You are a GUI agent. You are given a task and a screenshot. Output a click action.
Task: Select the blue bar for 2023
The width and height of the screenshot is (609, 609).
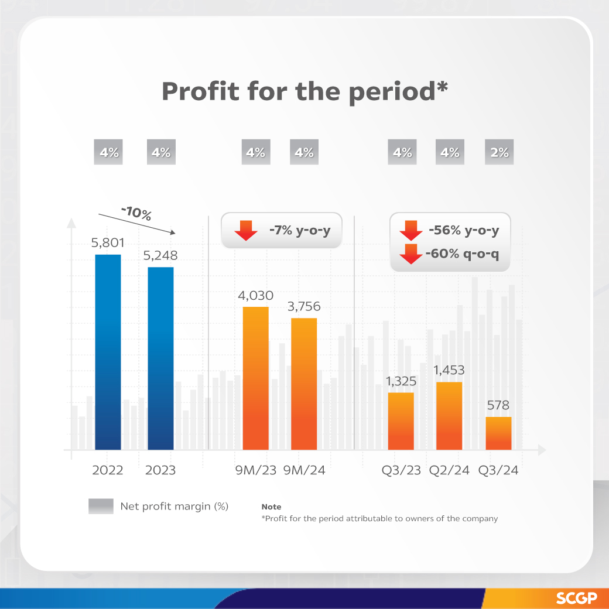(x=161, y=358)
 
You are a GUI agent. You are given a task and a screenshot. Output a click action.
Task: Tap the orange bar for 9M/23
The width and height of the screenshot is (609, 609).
(x=256, y=378)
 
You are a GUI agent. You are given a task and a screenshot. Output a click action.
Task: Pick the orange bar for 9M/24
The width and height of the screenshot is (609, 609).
(x=304, y=384)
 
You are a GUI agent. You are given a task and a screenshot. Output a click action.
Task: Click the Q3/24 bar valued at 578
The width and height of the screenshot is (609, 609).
(x=498, y=433)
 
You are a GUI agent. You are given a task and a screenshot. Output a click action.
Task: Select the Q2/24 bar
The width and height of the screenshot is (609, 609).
(x=449, y=416)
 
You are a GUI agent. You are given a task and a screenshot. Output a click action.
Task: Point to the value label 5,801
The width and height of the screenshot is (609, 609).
(x=108, y=242)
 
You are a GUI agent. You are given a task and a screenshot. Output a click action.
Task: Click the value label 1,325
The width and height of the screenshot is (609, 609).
(x=401, y=381)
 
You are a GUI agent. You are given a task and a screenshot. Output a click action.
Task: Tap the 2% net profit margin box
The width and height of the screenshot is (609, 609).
(x=499, y=153)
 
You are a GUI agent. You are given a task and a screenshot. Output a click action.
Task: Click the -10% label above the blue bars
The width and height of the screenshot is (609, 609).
(x=136, y=213)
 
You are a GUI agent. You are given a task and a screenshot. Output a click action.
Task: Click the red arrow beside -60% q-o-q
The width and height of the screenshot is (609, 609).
(x=411, y=254)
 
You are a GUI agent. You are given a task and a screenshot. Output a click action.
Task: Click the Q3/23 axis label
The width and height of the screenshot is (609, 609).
(x=401, y=470)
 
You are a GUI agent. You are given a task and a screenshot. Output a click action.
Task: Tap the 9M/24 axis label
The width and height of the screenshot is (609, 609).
(x=304, y=470)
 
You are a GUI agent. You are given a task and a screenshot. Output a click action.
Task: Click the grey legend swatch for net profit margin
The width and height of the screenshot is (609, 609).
(x=101, y=506)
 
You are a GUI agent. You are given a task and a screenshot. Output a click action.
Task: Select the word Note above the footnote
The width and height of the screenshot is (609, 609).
(x=271, y=507)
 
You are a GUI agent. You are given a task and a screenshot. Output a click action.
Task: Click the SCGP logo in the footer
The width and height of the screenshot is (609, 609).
(x=576, y=598)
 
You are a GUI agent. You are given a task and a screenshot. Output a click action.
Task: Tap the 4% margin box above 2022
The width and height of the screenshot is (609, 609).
(x=109, y=153)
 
